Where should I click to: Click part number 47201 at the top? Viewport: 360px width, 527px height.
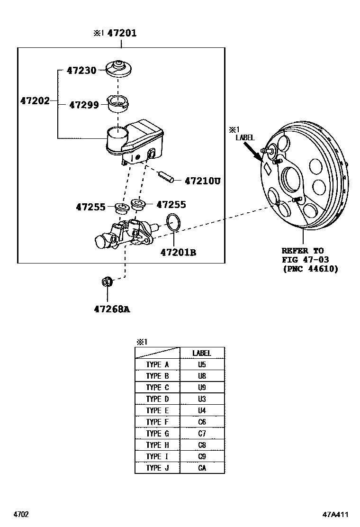(122, 33)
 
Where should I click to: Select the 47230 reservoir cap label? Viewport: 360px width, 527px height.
(81, 71)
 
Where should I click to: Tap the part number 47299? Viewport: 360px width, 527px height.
(84, 105)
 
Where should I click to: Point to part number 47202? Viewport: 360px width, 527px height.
(35, 101)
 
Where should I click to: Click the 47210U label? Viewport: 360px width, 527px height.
(203, 181)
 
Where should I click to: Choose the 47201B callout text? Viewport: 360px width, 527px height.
(178, 253)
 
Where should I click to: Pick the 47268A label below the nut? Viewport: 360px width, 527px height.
(112, 309)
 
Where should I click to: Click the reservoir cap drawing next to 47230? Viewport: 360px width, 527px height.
(117, 69)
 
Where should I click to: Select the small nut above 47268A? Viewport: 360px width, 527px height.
(108, 282)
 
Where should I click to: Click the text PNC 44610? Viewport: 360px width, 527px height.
(310, 269)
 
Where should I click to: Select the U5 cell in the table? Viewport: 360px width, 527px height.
(202, 364)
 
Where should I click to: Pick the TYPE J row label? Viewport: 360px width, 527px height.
(157, 468)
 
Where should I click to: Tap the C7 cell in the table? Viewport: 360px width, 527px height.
(202, 433)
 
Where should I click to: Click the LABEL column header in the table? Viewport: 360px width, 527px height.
(202, 353)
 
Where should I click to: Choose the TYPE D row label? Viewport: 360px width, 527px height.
(157, 399)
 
